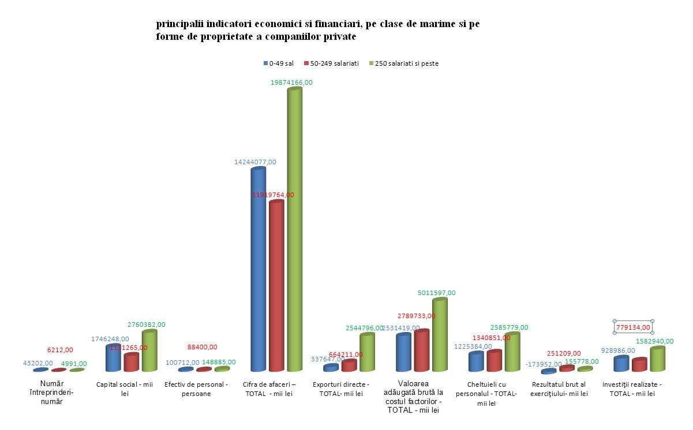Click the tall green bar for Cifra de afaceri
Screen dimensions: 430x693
294,231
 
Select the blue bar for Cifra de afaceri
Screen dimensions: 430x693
258,271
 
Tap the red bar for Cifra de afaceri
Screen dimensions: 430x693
276,288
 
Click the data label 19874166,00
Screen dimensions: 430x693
291,82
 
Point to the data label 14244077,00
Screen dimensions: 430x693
255,162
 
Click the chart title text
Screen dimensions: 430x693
317,31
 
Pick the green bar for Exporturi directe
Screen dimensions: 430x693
367,353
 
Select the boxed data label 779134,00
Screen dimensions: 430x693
632,327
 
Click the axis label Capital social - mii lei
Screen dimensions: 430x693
124,388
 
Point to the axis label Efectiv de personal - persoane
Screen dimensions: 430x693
196,388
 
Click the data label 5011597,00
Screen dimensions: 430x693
436,293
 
